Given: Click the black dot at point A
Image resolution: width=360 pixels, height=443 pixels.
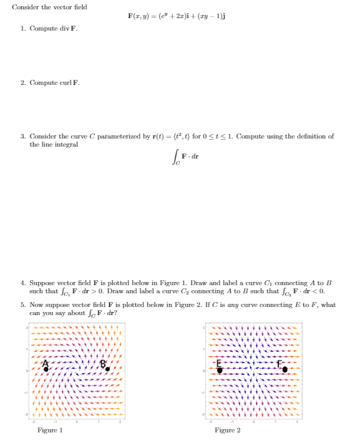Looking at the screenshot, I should [46, 369].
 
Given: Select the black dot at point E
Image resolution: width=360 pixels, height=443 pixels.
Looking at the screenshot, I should [220, 370].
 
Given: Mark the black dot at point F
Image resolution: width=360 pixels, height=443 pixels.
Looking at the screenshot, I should [285, 369].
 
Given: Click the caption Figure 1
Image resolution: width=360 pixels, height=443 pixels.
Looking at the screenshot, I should [50, 430].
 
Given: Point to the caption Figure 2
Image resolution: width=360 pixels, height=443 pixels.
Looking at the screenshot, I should [227, 430].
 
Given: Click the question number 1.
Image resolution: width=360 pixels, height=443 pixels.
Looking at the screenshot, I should [22, 28].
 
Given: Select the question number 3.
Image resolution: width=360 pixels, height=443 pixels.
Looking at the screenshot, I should [22, 136].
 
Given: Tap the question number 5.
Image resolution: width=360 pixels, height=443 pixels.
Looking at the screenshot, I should [22, 305].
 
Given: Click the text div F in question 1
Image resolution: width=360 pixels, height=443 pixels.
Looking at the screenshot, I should [71, 28].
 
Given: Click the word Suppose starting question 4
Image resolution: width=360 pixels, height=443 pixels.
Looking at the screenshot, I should [42, 283].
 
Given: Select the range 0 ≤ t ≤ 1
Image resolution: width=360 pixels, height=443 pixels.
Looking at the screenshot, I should [215, 136].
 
